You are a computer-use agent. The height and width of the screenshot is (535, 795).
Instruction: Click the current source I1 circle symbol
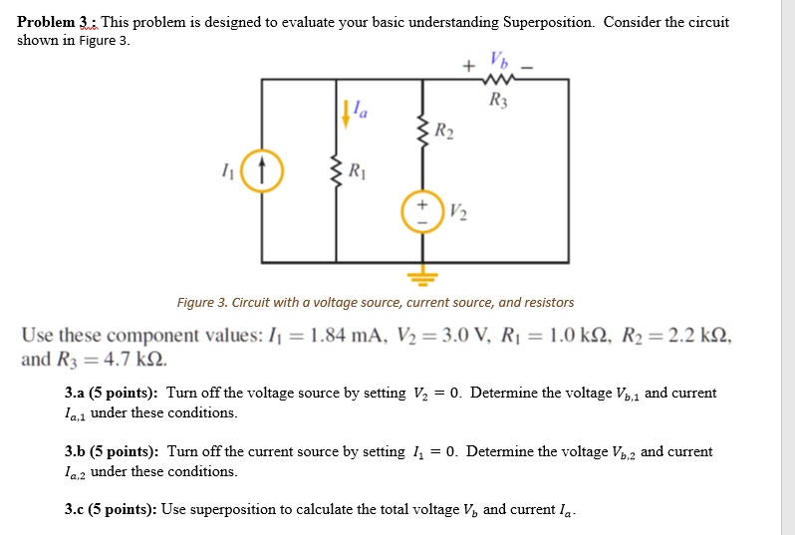pos(261,170)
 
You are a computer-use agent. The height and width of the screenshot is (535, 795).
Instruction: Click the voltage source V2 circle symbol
pos(419,210)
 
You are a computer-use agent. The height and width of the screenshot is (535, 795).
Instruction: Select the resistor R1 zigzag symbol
pos(335,170)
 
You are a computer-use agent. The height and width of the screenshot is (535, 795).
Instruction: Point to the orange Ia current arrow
pos(345,112)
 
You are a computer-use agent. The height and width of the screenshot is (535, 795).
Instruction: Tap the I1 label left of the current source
pos(230,170)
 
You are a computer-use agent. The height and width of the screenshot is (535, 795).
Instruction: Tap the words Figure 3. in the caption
pos(204,302)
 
